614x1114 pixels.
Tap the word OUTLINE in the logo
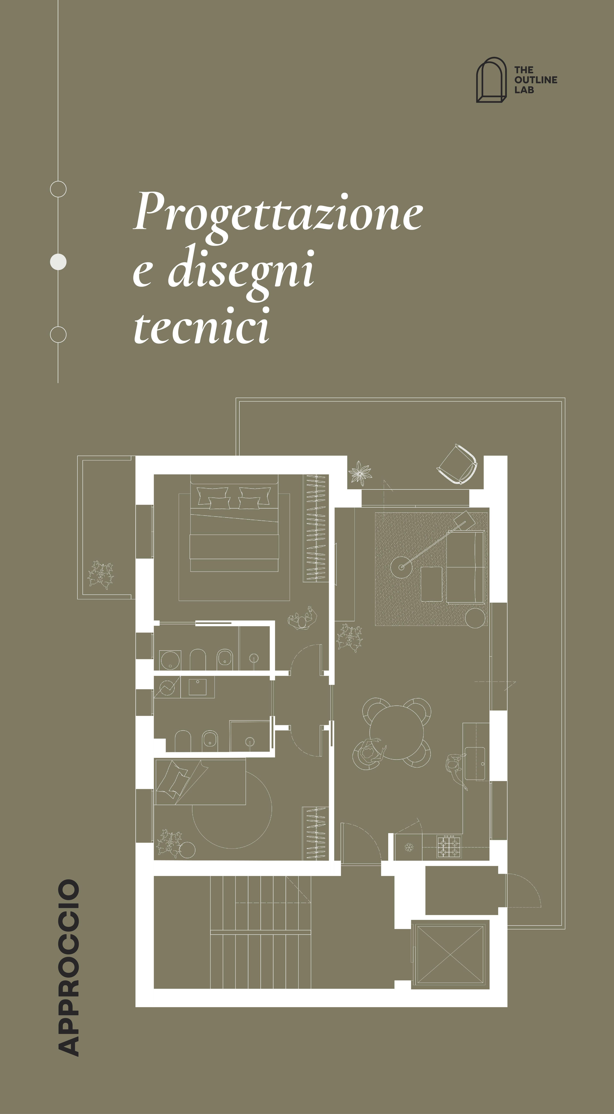tap(536, 80)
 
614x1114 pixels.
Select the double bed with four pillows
tap(234, 523)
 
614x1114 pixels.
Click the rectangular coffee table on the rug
tap(431, 584)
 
